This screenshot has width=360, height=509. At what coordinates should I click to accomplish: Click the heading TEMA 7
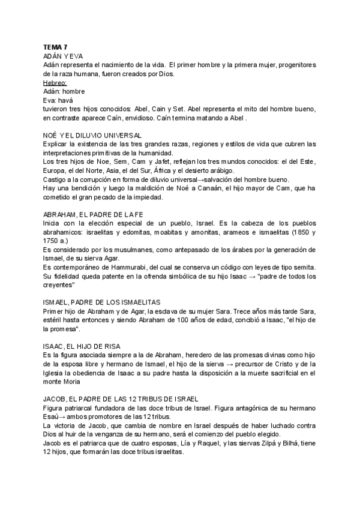click(x=56, y=46)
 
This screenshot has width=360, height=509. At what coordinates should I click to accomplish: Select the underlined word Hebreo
click(x=55, y=82)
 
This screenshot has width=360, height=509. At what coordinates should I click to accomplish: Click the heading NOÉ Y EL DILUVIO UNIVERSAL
click(x=93, y=136)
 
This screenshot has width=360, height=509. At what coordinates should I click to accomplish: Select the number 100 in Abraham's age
click(x=176, y=322)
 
